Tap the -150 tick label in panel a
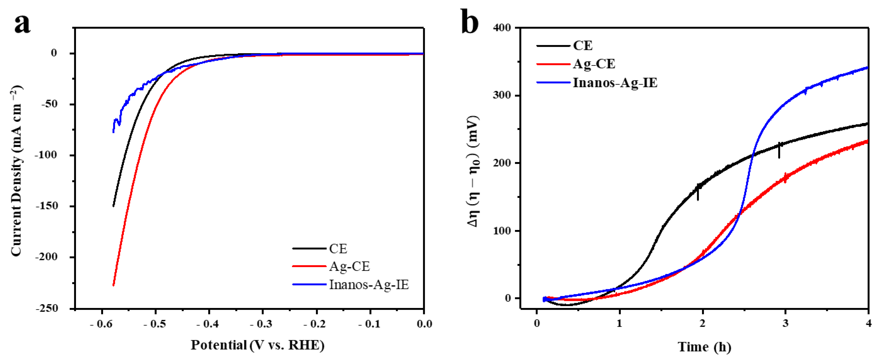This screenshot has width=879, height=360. (51, 206)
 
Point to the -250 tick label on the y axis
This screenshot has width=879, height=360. (51, 308)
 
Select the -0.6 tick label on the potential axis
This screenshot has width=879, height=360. (101, 324)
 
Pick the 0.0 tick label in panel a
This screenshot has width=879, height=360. (424, 324)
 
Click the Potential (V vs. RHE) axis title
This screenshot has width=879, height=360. (257, 345)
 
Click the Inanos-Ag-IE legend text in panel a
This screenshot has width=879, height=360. (368, 285)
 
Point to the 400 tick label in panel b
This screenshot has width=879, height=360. (502, 28)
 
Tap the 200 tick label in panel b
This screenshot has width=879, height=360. (502, 163)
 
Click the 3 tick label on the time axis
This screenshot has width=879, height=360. (785, 323)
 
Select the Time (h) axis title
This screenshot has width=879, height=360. (704, 347)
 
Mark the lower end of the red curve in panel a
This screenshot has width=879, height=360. (113, 285)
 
